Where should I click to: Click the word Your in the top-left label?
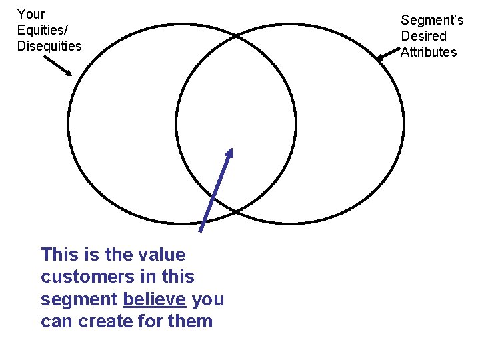(x=31, y=14)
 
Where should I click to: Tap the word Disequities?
(x=49, y=46)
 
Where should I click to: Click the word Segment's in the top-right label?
(x=432, y=20)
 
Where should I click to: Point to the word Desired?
(x=423, y=36)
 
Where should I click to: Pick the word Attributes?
(x=429, y=52)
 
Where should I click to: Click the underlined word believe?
(x=154, y=299)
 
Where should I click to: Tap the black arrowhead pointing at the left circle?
(x=69, y=73)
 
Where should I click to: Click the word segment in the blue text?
(x=79, y=299)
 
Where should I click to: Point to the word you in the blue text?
(x=207, y=299)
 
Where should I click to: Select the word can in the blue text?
(x=57, y=321)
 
